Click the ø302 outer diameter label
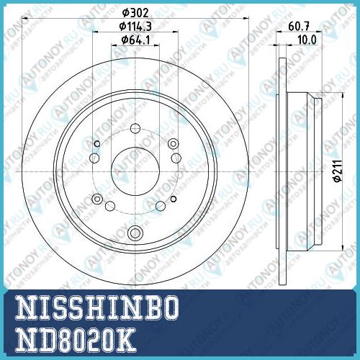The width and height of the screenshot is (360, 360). (135, 13)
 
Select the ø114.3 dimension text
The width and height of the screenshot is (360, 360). (135, 27)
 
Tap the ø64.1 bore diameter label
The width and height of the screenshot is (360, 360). (135, 40)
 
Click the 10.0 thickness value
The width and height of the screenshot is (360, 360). (307, 40)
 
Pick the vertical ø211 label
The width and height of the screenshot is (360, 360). (338, 171)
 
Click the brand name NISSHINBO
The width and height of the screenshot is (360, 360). (97, 307)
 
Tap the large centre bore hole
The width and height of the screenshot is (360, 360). (135, 171)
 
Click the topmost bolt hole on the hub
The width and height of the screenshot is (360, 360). (135, 128)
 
